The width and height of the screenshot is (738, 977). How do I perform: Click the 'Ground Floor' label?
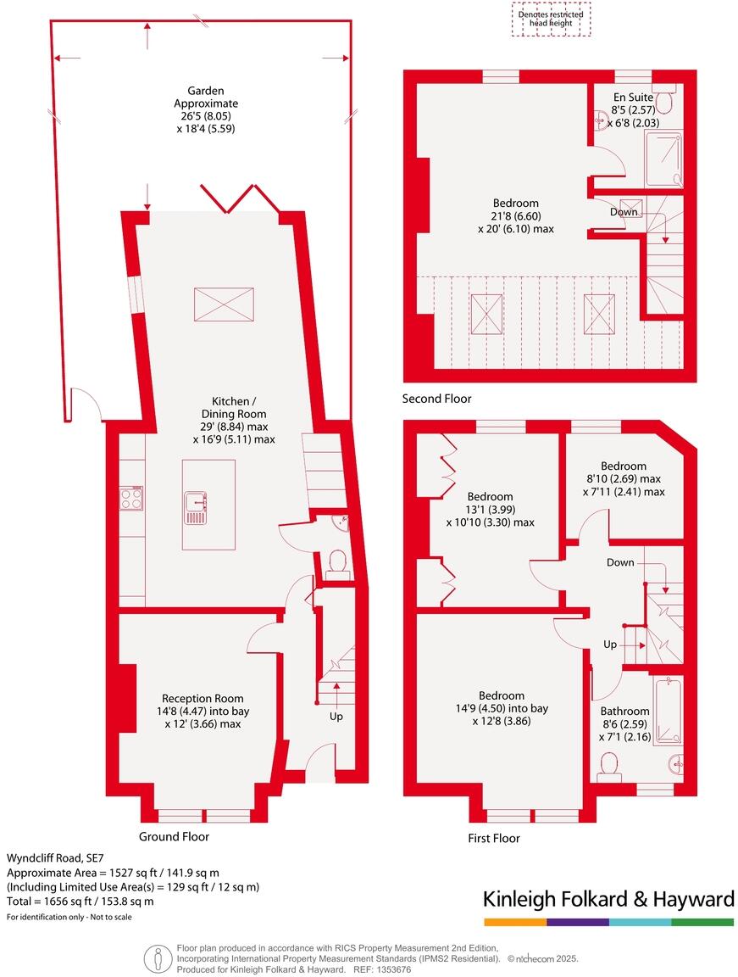(x=174, y=836)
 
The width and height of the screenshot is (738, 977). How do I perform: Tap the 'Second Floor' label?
(x=437, y=398)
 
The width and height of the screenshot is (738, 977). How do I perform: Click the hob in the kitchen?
(x=131, y=498)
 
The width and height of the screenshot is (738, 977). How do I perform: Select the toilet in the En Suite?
(x=665, y=102)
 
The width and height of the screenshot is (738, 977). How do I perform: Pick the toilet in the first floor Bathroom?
(x=608, y=765)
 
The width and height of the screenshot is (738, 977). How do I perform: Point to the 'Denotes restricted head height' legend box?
(x=551, y=19)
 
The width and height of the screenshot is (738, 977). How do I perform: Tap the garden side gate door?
(x=86, y=405)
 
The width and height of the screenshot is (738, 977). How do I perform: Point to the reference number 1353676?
(x=392, y=969)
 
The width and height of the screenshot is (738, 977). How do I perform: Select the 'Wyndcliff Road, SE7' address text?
(x=56, y=857)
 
